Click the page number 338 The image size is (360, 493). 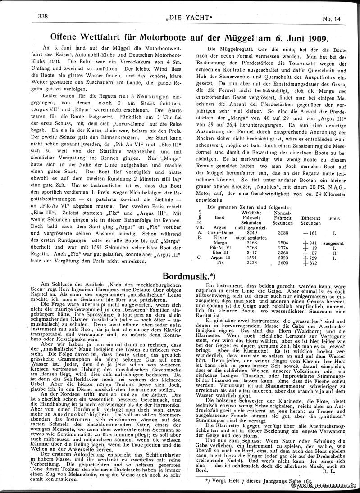coord(43,16)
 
